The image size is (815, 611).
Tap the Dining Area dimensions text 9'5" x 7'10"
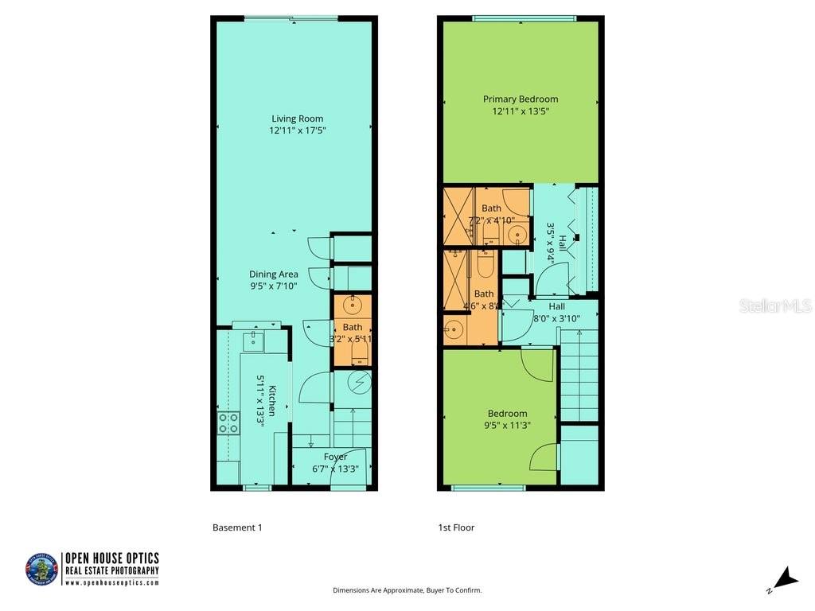pyautogui.click(x=273, y=286)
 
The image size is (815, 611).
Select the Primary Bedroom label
pyautogui.click(x=521, y=99)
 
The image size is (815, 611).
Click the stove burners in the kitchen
pyautogui.click(x=228, y=422)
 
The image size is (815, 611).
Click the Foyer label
pyautogui.click(x=335, y=457)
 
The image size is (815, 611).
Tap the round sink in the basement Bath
pyautogui.click(x=353, y=305)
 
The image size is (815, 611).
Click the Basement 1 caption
pyautogui.click(x=237, y=527)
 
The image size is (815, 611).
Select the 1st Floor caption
pyautogui.click(x=456, y=527)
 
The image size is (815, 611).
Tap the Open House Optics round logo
pyautogui.click(x=41, y=570)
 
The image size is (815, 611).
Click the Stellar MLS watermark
pyautogui.click(x=774, y=305)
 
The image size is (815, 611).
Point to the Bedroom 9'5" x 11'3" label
pyautogui.click(x=508, y=418)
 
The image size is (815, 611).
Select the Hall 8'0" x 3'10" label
pyautogui.click(x=556, y=312)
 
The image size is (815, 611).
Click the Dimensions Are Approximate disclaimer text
pyautogui.click(x=407, y=590)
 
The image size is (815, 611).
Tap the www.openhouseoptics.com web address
pyautogui.click(x=111, y=583)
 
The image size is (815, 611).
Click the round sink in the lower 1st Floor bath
pyautogui.click(x=453, y=331)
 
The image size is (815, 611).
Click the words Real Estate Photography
pyautogui.click(x=111, y=570)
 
